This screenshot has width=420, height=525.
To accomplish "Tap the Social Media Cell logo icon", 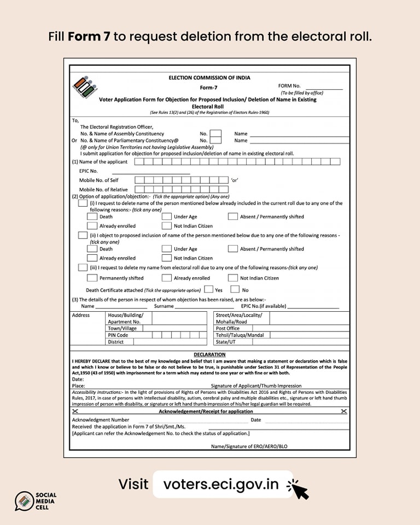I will (24, 501).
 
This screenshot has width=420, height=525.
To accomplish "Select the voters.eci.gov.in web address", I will (221, 484).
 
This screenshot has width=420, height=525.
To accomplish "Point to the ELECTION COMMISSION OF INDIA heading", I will (209, 78).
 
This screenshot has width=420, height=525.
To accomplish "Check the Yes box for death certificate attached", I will (209, 289).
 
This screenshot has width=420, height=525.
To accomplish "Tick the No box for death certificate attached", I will (235, 289).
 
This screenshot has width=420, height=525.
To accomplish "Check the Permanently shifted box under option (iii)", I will (92, 278).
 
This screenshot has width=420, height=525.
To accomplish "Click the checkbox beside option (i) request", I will (83, 203).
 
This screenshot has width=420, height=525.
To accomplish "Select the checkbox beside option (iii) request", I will (83, 267).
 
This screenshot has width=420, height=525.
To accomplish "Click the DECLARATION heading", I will (209, 354).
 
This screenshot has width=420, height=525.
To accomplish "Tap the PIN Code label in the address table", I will (118, 335).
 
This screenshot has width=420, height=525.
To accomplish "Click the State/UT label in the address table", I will (227, 342).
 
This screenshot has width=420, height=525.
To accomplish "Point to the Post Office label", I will (227, 329).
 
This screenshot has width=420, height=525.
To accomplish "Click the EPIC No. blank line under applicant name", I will (151, 171).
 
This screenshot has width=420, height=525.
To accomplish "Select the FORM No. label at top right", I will (289, 86).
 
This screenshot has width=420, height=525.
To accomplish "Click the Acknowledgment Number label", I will (101, 420).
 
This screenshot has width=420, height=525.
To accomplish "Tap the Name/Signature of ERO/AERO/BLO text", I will (249, 446).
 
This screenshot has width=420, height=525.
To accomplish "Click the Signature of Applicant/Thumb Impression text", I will (256, 386).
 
